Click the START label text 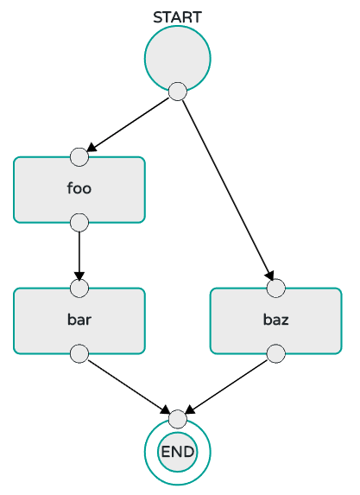177,17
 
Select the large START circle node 178,59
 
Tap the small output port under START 178,92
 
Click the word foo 79,188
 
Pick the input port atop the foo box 79,157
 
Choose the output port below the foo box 79,223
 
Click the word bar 79,320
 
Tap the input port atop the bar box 79,289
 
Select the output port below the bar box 79,354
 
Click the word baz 276,320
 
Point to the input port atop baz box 276,289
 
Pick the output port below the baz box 276,354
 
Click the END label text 178,452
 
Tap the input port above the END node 178,419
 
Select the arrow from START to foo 128,124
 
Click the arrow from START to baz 228,190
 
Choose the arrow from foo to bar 79,256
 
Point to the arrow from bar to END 129,386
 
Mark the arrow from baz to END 226,386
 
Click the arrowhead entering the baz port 269,275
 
